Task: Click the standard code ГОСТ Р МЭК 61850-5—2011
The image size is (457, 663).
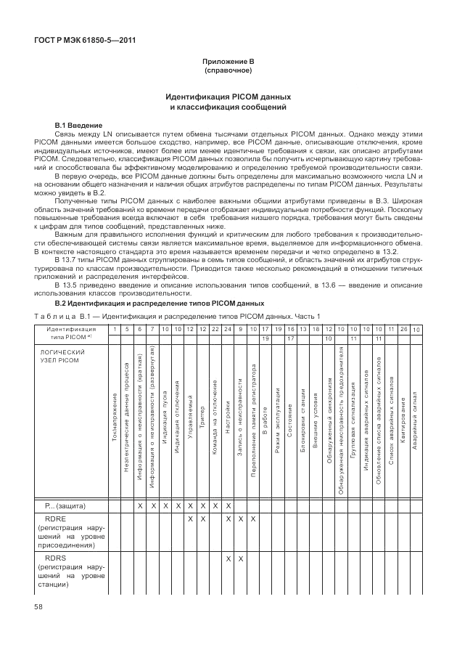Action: point(86,40)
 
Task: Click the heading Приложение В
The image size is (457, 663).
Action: point(228,63)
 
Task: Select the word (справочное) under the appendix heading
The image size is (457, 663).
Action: point(228,71)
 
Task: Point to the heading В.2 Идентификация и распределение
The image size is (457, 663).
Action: point(160,302)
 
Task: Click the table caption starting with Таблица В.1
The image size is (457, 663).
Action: point(178,315)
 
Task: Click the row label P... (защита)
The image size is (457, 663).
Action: point(67,505)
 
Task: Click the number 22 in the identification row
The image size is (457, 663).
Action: point(215,330)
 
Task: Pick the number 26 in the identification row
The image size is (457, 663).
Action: point(403,330)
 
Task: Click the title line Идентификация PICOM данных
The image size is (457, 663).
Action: point(228,97)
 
